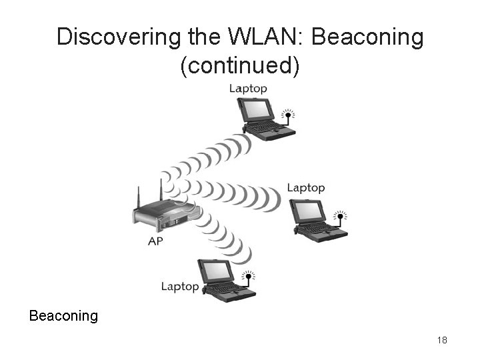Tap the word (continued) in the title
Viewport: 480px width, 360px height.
pyautogui.click(x=240, y=67)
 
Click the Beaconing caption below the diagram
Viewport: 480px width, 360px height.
pyautogui.click(x=63, y=315)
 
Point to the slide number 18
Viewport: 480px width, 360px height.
pyautogui.click(x=442, y=341)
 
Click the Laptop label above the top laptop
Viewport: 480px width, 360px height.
pyautogui.click(x=248, y=88)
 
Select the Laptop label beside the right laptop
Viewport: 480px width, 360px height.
pyautogui.click(x=306, y=188)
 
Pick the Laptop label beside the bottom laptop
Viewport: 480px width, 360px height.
pyautogui.click(x=180, y=287)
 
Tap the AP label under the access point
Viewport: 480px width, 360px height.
pyautogui.click(x=155, y=241)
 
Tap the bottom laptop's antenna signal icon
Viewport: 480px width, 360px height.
pyautogui.click(x=248, y=275)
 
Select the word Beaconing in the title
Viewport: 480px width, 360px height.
pyautogui.click(x=367, y=38)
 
